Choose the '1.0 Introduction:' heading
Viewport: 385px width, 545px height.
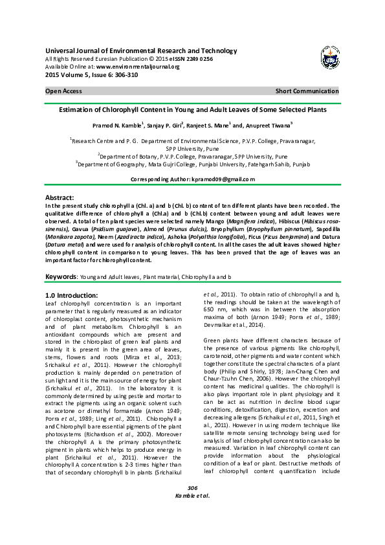(x=67, y=295)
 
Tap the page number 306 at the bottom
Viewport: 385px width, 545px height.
(x=192, y=523)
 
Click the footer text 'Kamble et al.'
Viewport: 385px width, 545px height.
(x=192, y=531)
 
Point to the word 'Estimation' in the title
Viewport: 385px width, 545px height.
(x=77, y=109)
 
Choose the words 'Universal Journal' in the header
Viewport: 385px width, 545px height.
(x=71, y=50)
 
